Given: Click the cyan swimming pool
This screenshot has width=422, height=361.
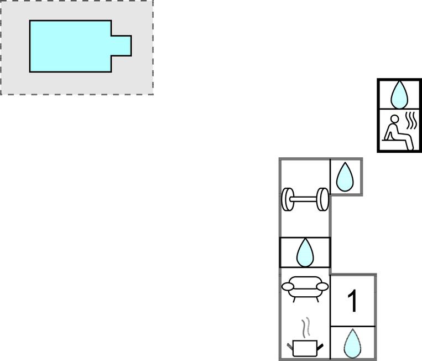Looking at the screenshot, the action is (x=70, y=46).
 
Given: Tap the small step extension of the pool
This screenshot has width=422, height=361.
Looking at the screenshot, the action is (x=121, y=46).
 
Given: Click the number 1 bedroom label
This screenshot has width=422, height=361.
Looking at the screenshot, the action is (x=352, y=301).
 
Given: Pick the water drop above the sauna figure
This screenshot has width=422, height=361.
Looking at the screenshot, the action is (x=399, y=95).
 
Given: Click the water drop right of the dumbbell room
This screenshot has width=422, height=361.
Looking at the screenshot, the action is (x=345, y=177).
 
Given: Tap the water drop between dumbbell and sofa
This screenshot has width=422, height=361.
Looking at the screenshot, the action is (x=305, y=252).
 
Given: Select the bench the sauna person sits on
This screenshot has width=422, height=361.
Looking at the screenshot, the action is (x=396, y=140).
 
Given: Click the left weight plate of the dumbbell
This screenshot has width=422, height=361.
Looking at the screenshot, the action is (x=288, y=199).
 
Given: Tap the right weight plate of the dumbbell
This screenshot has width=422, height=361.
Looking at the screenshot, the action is (x=322, y=199).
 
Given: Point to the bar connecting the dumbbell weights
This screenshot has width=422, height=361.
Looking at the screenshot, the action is (x=305, y=199).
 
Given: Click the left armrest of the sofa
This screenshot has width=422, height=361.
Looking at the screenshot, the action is (x=287, y=286).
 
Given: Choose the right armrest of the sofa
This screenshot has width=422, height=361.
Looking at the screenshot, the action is (x=322, y=286).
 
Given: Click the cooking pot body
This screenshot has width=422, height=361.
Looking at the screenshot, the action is (x=305, y=348).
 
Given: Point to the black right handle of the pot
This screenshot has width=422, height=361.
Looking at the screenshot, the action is (x=320, y=347).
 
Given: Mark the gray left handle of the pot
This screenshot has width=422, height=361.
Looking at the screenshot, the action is (x=290, y=346).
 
